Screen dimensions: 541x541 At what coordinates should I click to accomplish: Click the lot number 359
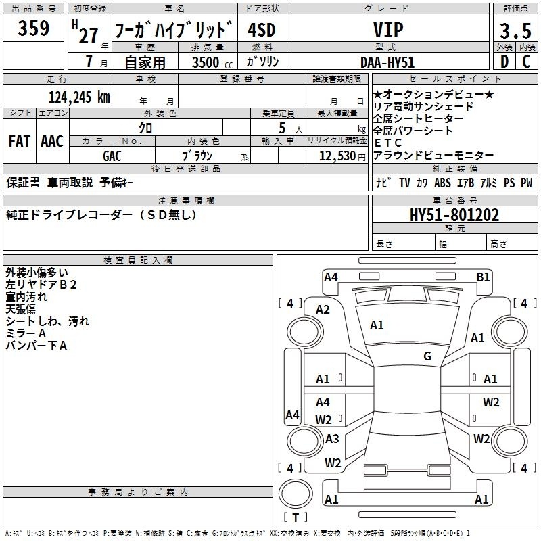pyautogui.click(x=33, y=28)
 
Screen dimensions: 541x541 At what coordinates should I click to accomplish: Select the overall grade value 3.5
pyautogui.click(x=515, y=31)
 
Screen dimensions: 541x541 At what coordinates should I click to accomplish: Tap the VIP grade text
pyautogui.click(x=388, y=30)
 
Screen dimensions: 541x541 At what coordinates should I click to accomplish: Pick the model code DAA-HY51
pyautogui.click(x=387, y=62)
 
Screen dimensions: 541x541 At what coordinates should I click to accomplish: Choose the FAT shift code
pyautogui.click(x=20, y=141)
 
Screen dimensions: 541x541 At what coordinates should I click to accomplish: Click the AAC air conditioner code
pyautogui.click(x=52, y=141)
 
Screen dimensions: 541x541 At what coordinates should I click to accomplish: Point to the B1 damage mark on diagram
pyautogui.click(x=483, y=277)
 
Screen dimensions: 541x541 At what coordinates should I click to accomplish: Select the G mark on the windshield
pyautogui.click(x=427, y=356)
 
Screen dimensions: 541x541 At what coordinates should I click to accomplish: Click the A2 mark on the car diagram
pyautogui.click(x=323, y=310)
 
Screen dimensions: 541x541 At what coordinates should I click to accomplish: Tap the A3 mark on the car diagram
pyautogui.click(x=331, y=439)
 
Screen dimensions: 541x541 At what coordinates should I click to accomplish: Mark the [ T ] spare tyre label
pyautogui.click(x=296, y=517)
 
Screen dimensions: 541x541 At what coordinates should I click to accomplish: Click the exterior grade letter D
pyautogui.click(x=504, y=62)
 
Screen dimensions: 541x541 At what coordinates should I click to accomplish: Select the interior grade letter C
pyautogui.click(x=526, y=62)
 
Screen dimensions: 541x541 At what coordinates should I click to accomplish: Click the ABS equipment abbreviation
pyautogui.click(x=442, y=183)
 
